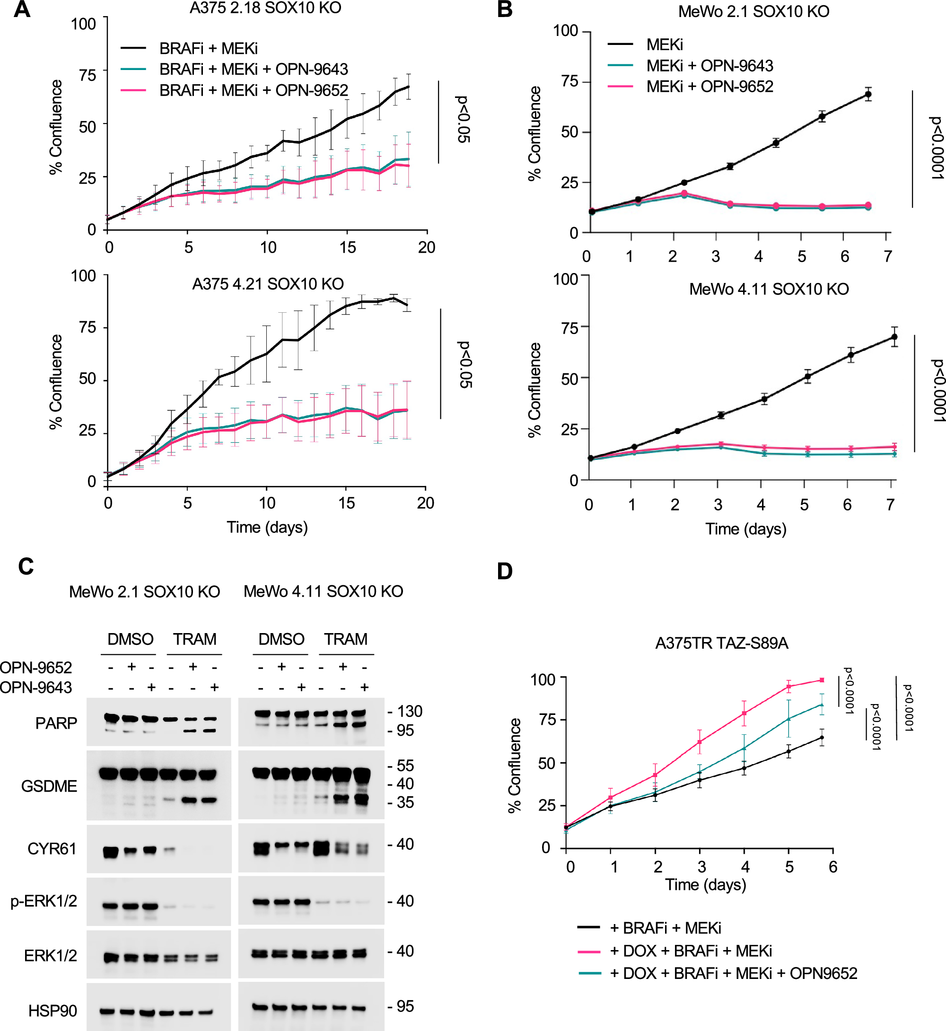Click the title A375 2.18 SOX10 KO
click(265, 8)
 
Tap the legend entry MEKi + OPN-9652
click(709, 87)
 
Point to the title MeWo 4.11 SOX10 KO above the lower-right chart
click(769, 289)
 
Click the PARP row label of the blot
click(56, 723)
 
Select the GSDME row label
click(49, 786)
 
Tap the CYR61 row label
click(52, 849)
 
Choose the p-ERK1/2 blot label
click(44, 901)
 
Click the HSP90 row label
click(53, 1011)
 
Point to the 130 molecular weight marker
click(409, 712)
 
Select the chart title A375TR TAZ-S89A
click(721, 643)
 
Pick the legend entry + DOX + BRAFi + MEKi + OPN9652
click(734, 973)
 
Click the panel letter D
click(505, 571)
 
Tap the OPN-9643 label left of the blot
click(36, 687)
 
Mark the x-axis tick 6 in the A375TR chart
click(833, 867)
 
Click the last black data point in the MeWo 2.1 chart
click(868, 94)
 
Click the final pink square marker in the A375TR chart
click(822, 680)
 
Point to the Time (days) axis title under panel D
click(705, 884)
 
